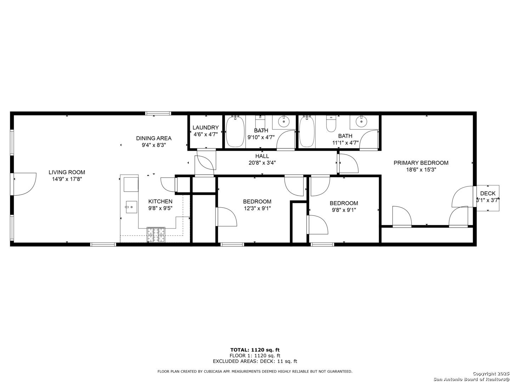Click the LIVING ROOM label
[x=67, y=172]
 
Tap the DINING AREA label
[x=154, y=138]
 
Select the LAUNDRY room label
[x=205, y=128]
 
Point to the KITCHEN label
[x=160, y=201]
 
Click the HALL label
[x=262, y=156]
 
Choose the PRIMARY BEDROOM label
[x=421, y=163]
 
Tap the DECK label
[x=488, y=193]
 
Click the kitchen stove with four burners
[x=156, y=235]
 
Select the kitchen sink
[x=131, y=207]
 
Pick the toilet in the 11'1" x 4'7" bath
[x=331, y=124]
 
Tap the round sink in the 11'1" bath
[x=361, y=122]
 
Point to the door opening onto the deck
[x=463, y=196]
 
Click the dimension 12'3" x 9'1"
[x=257, y=208]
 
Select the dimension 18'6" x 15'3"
[x=421, y=169]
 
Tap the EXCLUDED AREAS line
[x=255, y=361]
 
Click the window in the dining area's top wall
[x=158, y=114]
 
